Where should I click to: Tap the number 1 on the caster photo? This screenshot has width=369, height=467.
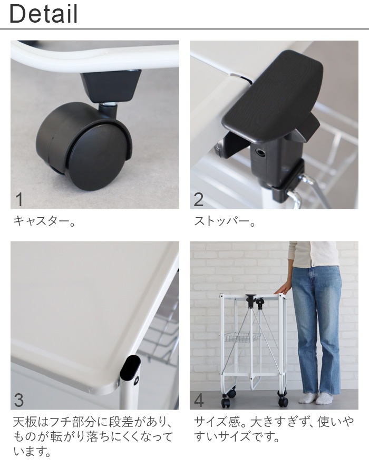(x=20, y=200)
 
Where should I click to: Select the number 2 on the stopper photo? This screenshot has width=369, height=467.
(x=199, y=200)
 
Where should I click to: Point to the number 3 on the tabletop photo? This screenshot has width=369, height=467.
(x=19, y=400)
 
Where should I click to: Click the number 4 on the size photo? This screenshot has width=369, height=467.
(x=199, y=400)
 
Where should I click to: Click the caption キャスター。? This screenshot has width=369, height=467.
(x=44, y=221)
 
